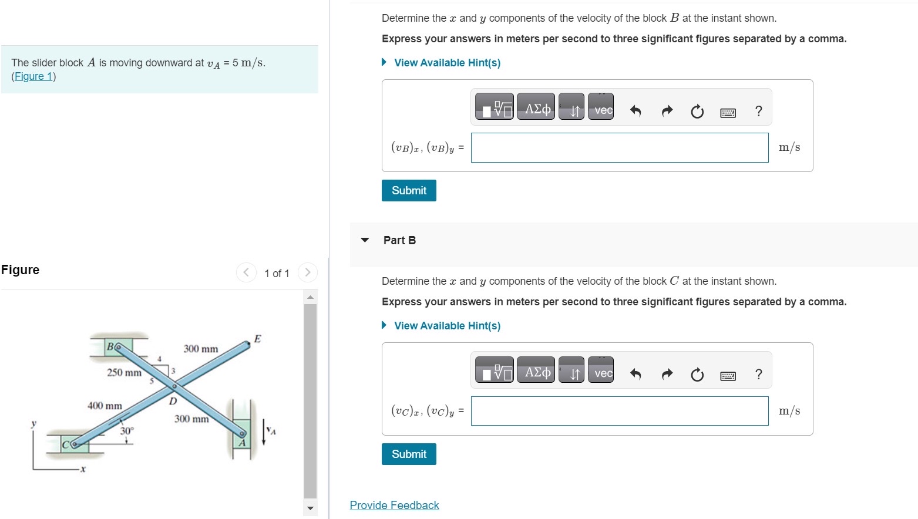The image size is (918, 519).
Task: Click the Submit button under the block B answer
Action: pyautogui.click(x=409, y=190)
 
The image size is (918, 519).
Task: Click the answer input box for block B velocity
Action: pyautogui.click(x=619, y=147)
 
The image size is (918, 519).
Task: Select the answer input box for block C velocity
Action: pyautogui.click(x=619, y=411)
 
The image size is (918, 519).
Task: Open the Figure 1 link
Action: pyautogui.click(x=33, y=76)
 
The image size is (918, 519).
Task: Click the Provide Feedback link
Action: pyautogui.click(x=394, y=505)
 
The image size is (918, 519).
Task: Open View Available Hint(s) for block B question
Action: pyautogui.click(x=446, y=63)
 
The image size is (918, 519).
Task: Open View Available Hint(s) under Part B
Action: pyautogui.click(x=446, y=326)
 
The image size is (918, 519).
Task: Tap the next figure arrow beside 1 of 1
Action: pyautogui.click(x=307, y=272)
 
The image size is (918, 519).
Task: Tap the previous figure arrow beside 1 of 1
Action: pyautogui.click(x=247, y=272)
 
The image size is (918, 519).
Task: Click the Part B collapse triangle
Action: pyautogui.click(x=365, y=240)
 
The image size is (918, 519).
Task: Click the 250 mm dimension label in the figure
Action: pyautogui.click(x=124, y=373)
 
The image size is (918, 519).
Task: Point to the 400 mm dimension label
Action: pyautogui.click(x=105, y=406)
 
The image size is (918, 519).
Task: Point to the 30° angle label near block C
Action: pyautogui.click(x=127, y=431)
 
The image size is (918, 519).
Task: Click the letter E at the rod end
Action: pyautogui.click(x=257, y=339)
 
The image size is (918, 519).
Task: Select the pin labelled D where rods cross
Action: pyautogui.click(x=174, y=386)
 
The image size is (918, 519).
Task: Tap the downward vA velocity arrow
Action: pyautogui.click(x=264, y=432)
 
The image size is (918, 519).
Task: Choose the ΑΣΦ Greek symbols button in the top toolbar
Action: pyautogui.click(x=536, y=109)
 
